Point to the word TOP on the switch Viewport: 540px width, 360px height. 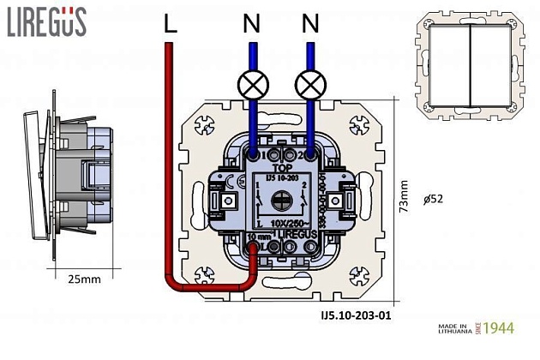(282, 170)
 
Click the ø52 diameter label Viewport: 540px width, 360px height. (433, 200)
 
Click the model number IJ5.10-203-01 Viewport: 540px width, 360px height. (351, 315)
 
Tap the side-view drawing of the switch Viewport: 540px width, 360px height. (73, 180)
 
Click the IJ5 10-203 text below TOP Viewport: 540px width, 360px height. (281, 178)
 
